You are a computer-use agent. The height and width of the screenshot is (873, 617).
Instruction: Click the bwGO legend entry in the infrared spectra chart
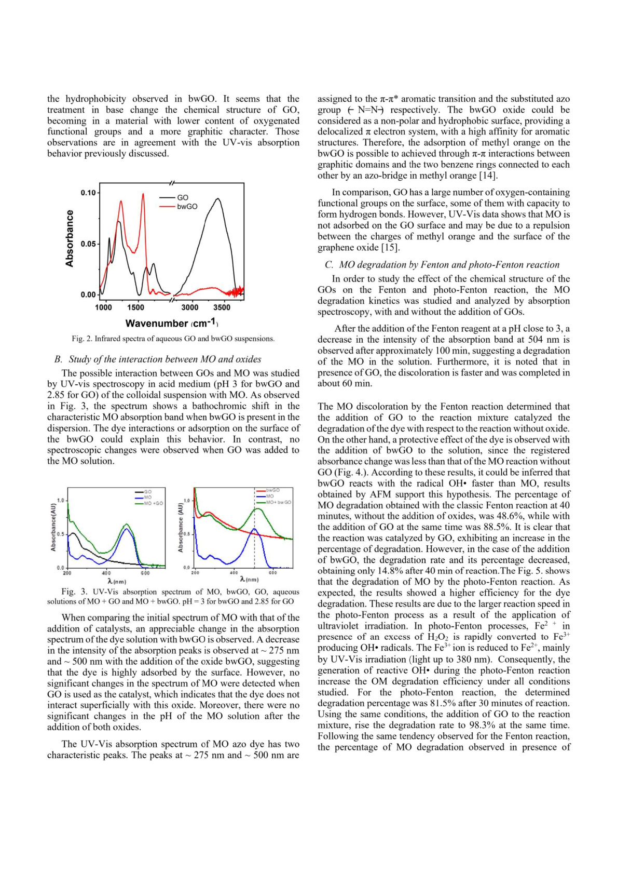click(187, 206)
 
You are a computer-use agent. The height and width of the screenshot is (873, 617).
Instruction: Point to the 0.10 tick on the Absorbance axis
click(88, 193)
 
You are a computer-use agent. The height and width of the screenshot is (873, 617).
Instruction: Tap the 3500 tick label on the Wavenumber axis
click(222, 307)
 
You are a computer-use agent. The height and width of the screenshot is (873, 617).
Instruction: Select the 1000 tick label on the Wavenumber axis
click(103, 307)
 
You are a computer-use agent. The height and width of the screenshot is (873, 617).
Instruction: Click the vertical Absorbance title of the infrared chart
click(69, 238)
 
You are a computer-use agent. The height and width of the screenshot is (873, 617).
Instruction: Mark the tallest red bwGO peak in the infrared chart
click(143, 194)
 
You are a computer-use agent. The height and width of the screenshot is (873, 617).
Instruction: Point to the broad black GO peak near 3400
click(218, 199)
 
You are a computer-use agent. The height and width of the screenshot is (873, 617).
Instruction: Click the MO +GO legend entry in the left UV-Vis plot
click(153, 503)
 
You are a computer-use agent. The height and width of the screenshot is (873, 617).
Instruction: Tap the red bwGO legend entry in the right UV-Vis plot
click(272, 490)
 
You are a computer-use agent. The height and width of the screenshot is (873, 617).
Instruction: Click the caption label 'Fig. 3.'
click(74, 592)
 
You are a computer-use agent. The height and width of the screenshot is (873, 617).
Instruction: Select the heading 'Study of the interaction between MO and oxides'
click(165, 359)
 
